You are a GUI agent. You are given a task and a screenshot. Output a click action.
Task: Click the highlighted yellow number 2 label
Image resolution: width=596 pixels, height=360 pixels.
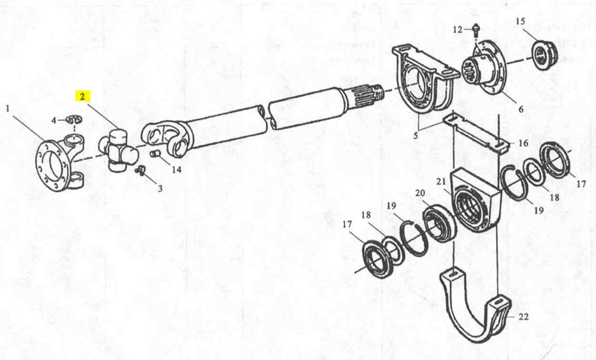[x=82, y=96]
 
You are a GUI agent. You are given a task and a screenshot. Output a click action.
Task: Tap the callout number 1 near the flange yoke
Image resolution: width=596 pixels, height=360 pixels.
[x=7, y=109]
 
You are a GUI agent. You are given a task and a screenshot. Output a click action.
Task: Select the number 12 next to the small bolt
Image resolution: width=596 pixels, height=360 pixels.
[x=458, y=29]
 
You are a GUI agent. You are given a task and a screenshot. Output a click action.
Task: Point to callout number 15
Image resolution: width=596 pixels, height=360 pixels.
[x=520, y=22]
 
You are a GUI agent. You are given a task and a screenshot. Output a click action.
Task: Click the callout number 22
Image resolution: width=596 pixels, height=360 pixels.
[x=523, y=316]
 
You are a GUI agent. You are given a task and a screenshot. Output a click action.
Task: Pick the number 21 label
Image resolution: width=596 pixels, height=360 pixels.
[x=441, y=182]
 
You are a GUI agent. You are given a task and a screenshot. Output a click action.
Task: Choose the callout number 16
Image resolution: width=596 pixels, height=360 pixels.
[x=523, y=143]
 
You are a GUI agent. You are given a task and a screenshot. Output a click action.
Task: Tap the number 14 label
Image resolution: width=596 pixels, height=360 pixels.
[x=177, y=169]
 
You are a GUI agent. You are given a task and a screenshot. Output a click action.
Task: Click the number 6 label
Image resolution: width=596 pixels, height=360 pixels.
[x=520, y=109]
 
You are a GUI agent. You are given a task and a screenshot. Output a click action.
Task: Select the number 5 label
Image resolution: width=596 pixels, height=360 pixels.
[x=416, y=135]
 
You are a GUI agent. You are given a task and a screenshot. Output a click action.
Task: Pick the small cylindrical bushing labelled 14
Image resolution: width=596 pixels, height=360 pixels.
[x=154, y=155]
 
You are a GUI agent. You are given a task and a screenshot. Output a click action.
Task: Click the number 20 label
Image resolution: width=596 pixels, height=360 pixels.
[x=420, y=193]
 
